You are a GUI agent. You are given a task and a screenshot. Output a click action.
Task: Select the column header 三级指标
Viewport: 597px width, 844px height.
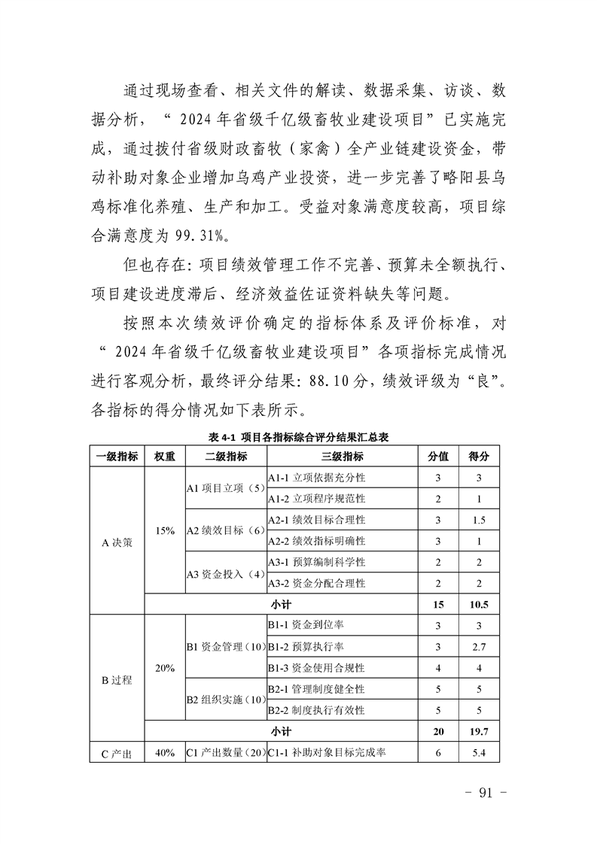tap(343, 457)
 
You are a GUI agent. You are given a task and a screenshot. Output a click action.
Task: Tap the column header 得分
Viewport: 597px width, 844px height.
tap(479, 457)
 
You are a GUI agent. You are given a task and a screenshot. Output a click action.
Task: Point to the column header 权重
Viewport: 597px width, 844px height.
tap(165, 457)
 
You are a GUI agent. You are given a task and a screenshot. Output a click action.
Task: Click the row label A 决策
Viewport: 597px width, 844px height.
tap(117, 541)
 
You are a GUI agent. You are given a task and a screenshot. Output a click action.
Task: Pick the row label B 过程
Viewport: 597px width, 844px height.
tap(117, 679)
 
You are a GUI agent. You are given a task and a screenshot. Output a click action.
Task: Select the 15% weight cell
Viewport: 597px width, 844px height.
tap(165, 530)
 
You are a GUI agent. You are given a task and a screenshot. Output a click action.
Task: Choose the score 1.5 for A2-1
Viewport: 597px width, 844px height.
tap(479, 520)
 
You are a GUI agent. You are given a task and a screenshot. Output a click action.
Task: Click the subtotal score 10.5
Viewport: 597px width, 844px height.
tap(479, 604)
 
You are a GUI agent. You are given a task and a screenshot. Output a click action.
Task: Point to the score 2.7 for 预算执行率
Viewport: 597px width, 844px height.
tap(479, 646)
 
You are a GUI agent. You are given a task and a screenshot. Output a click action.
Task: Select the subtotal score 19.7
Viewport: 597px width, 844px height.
tap(479, 730)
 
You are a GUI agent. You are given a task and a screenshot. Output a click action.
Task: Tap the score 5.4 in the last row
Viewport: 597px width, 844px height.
tap(479, 751)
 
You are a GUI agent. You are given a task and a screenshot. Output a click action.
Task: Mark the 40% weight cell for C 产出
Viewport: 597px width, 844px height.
tap(165, 751)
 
